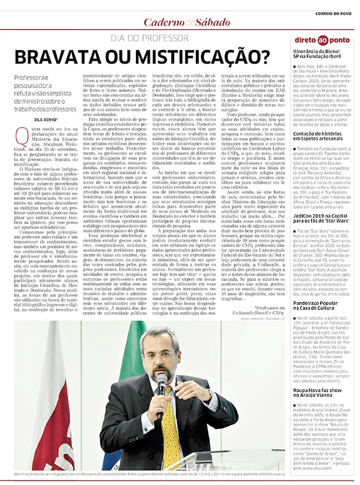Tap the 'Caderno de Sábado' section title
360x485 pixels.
pyautogui.click(x=180, y=22)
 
